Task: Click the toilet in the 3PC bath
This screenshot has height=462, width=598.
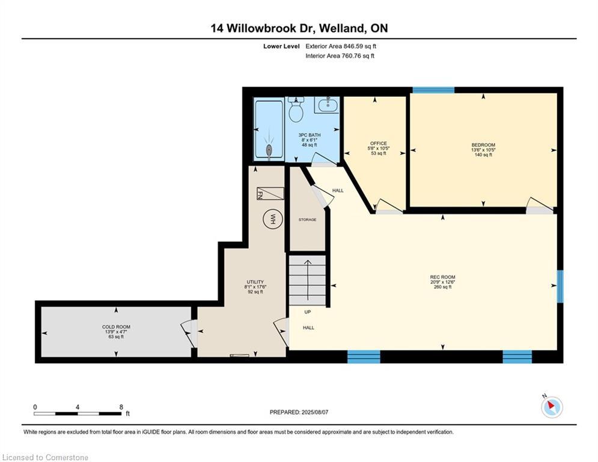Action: point(296,109)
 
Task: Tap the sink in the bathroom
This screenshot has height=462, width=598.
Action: point(327,105)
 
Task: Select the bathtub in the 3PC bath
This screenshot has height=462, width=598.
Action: point(269,129)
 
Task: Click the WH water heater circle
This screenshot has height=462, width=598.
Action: point(273,219)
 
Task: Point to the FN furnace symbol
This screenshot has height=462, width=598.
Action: point(270,194)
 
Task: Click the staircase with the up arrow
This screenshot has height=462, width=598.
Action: point(307,280)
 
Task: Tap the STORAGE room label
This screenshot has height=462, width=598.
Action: point(307,220)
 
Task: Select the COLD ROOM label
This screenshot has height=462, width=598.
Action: point(117,327)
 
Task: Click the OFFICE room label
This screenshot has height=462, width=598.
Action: point(378,144)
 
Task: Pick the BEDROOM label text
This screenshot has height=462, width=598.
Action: point(483,145)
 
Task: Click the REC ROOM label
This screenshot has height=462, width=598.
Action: point(442,277)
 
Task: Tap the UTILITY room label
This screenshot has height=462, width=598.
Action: point(255,282)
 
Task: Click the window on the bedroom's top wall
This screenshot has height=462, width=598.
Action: point(433,90)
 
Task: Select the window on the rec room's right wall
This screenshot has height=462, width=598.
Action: point(560,286)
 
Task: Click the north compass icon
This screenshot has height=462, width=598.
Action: point(552,406)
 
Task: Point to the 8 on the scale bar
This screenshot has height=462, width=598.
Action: point(121,407)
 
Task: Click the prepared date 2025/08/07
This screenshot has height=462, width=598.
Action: point(315,412)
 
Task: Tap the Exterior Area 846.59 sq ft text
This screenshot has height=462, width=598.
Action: point(341,46)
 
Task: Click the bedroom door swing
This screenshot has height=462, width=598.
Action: point(540,205)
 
